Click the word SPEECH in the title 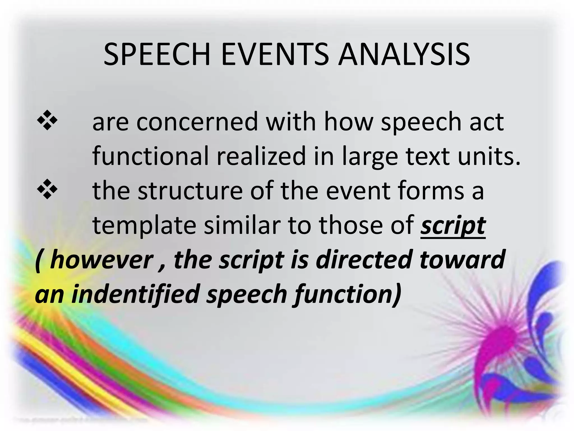coord(157,55)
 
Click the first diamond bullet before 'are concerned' coord(47,121)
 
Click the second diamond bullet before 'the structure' coord(47,189)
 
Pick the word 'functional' coord(151,156)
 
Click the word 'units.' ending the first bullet coord(489,156)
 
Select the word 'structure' coord(190,191)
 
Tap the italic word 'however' coord(101,260)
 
